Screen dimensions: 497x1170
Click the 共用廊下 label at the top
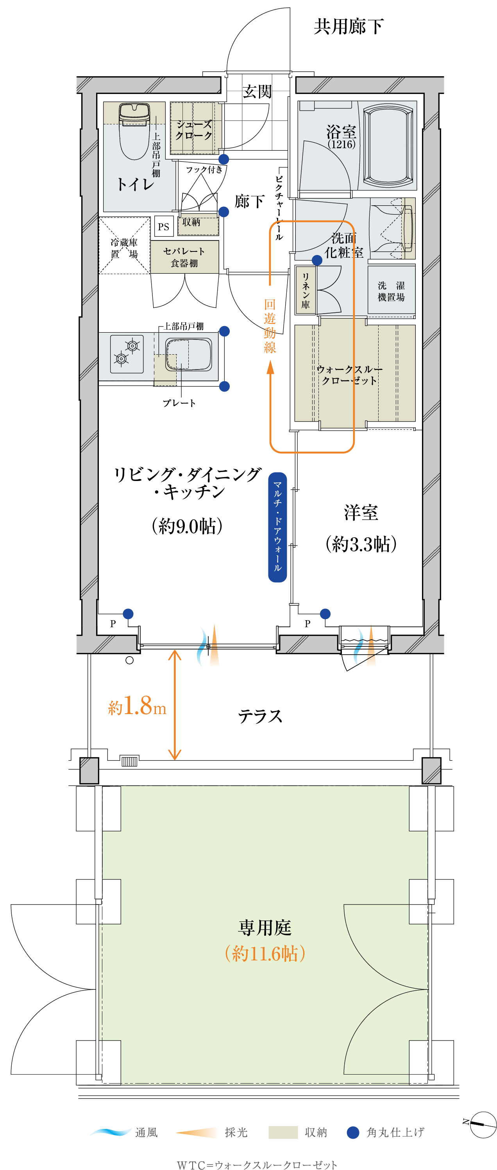[x=349, y=26]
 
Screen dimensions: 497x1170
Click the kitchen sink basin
[x=188, y=354]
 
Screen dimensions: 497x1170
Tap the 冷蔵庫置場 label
[x=124, y=248]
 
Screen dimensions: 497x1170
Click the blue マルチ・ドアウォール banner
[x=277, y=527]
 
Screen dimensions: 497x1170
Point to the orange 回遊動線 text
[x=270, y=326]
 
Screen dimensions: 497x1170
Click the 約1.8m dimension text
[x=137, y=706]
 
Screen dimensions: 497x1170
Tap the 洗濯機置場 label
[x=391, y=291]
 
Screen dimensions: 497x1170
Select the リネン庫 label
[x=306, y=291]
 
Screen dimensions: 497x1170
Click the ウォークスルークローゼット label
[x=349, y=375]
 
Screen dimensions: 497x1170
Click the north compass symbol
[x=482, y=1125]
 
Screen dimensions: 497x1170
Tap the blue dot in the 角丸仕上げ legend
[x=353, y=1132]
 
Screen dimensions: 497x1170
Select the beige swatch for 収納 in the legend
[x=283, y=1132]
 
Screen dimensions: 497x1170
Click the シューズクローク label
[x=194, y=129]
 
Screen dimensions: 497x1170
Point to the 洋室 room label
[x=361, y=512]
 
